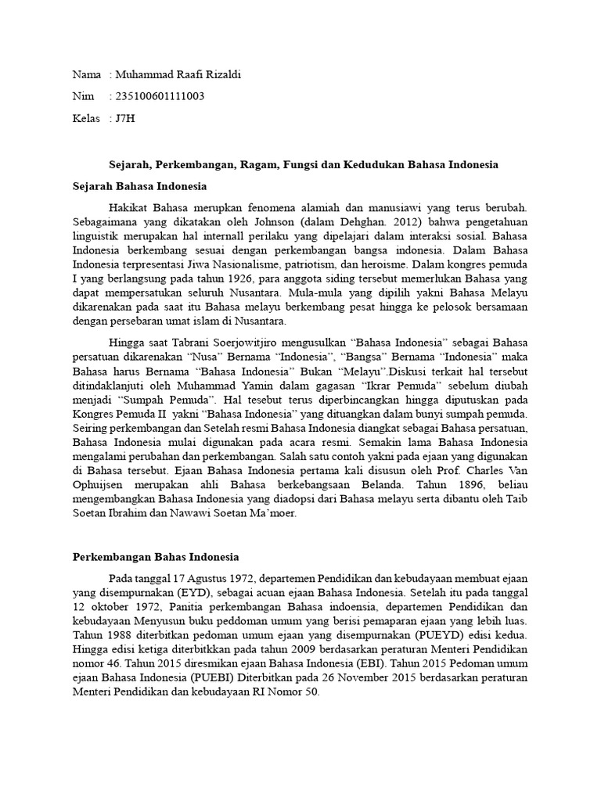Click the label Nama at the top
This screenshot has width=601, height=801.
pyautogui.click(x=86, y=74)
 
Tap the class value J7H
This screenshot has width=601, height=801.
pyautogui.click(x=124, y=118)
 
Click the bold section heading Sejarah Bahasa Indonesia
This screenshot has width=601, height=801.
pyautogui.click(x=139, y=187)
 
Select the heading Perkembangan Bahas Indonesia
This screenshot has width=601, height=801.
pyautogui.click(x=155, y=556)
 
